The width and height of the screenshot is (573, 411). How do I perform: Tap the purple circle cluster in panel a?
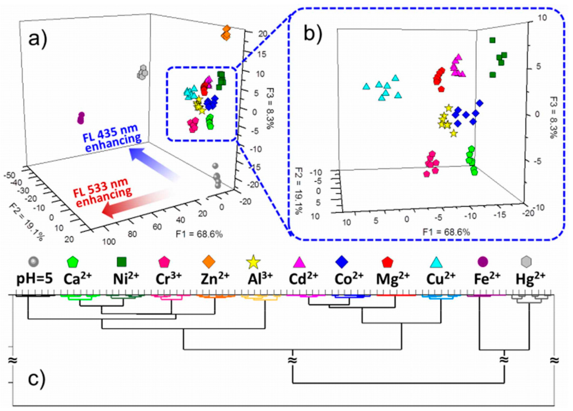[x=81, y=118]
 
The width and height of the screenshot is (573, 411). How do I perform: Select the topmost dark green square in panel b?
[x=492, y=40]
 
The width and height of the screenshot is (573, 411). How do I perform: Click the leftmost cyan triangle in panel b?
[x=366, y=87]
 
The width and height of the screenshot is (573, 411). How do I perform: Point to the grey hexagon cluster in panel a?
[x=143, y=72]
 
